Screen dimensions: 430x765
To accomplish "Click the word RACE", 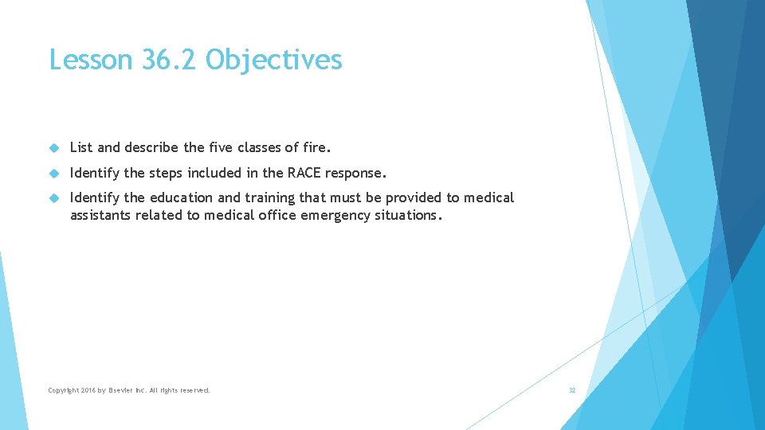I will point(304,173).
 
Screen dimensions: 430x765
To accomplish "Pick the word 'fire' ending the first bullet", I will point(316,147).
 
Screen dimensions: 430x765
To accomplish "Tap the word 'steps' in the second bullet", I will point(167,173).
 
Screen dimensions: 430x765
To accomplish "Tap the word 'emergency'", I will point(335,215).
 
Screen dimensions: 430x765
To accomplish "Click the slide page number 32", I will point(571,390).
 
